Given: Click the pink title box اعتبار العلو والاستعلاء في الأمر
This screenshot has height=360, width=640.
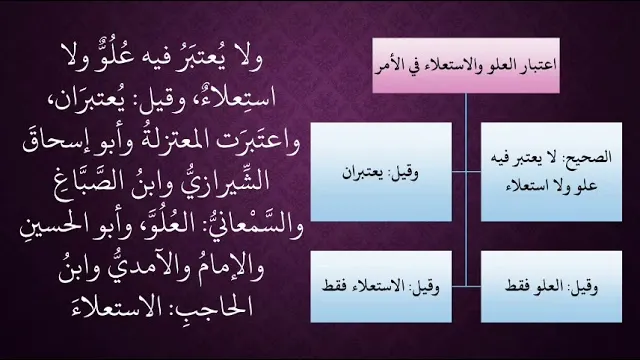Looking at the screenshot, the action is coord(466,65).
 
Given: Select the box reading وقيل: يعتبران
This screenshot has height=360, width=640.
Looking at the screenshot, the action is coord(381,172).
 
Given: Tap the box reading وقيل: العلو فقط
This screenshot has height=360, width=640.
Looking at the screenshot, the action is coord(551,287).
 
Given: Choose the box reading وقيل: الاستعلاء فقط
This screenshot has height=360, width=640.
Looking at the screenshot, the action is coord(381,287).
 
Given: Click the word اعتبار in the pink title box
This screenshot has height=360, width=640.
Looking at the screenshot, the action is coord(539,65).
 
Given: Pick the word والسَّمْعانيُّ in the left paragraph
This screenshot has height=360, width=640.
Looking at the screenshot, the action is coord(253,225).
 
